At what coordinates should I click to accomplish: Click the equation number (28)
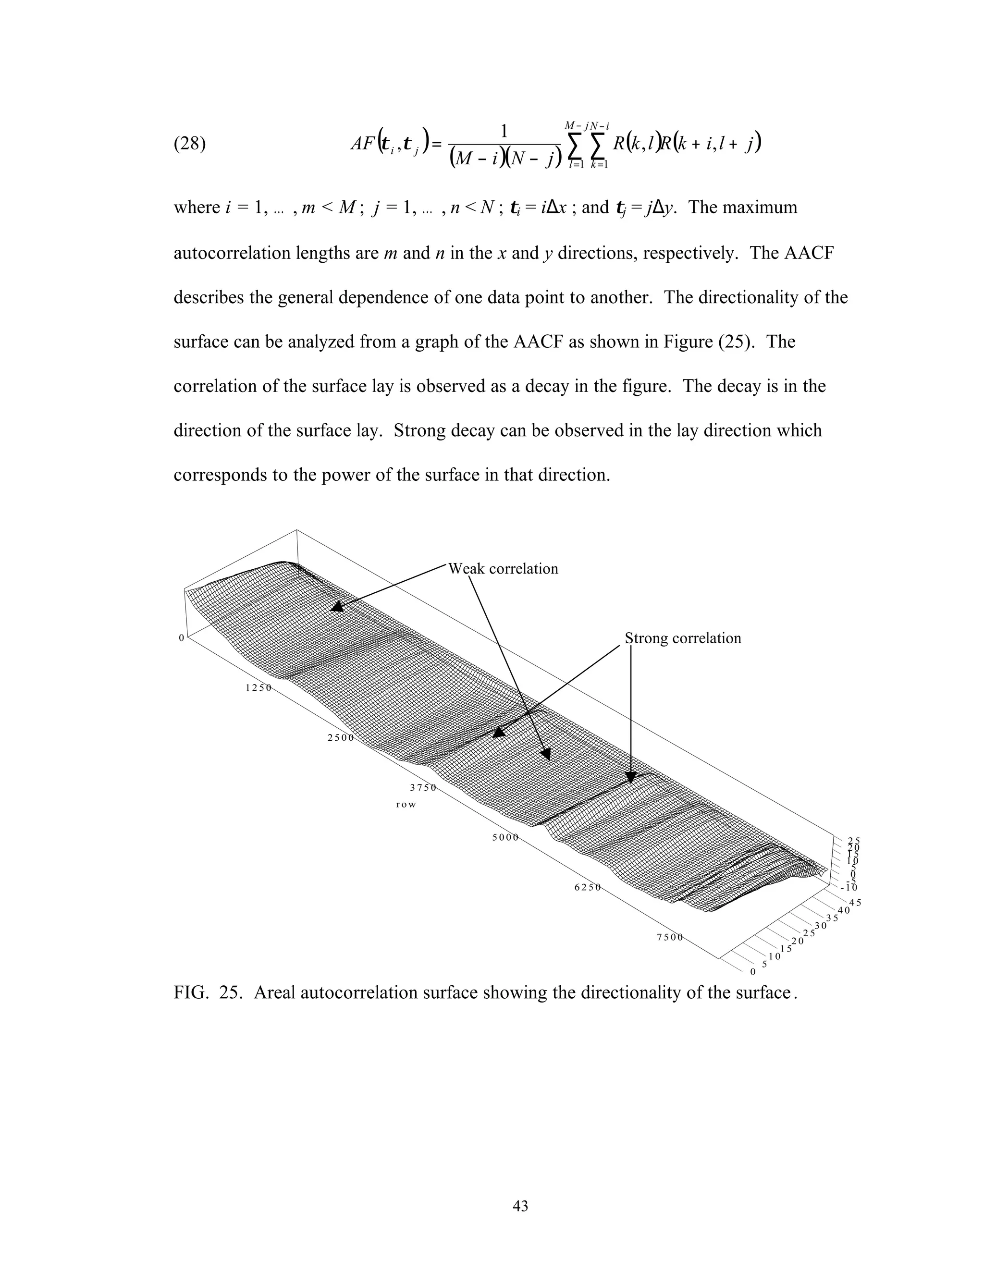pyautogui.click(x=189, y=144)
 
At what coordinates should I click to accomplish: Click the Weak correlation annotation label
pyautogui.click(x=503, y=569)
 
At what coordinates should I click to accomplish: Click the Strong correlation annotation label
pyautogui.click(x=683, y=638)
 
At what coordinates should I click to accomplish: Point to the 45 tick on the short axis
pyautogui.click(x=855, y=904)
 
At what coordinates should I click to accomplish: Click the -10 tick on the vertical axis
pyautogui.click(x=849, y=888)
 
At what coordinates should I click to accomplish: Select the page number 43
pyautogui.click(x=520, y=1206)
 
